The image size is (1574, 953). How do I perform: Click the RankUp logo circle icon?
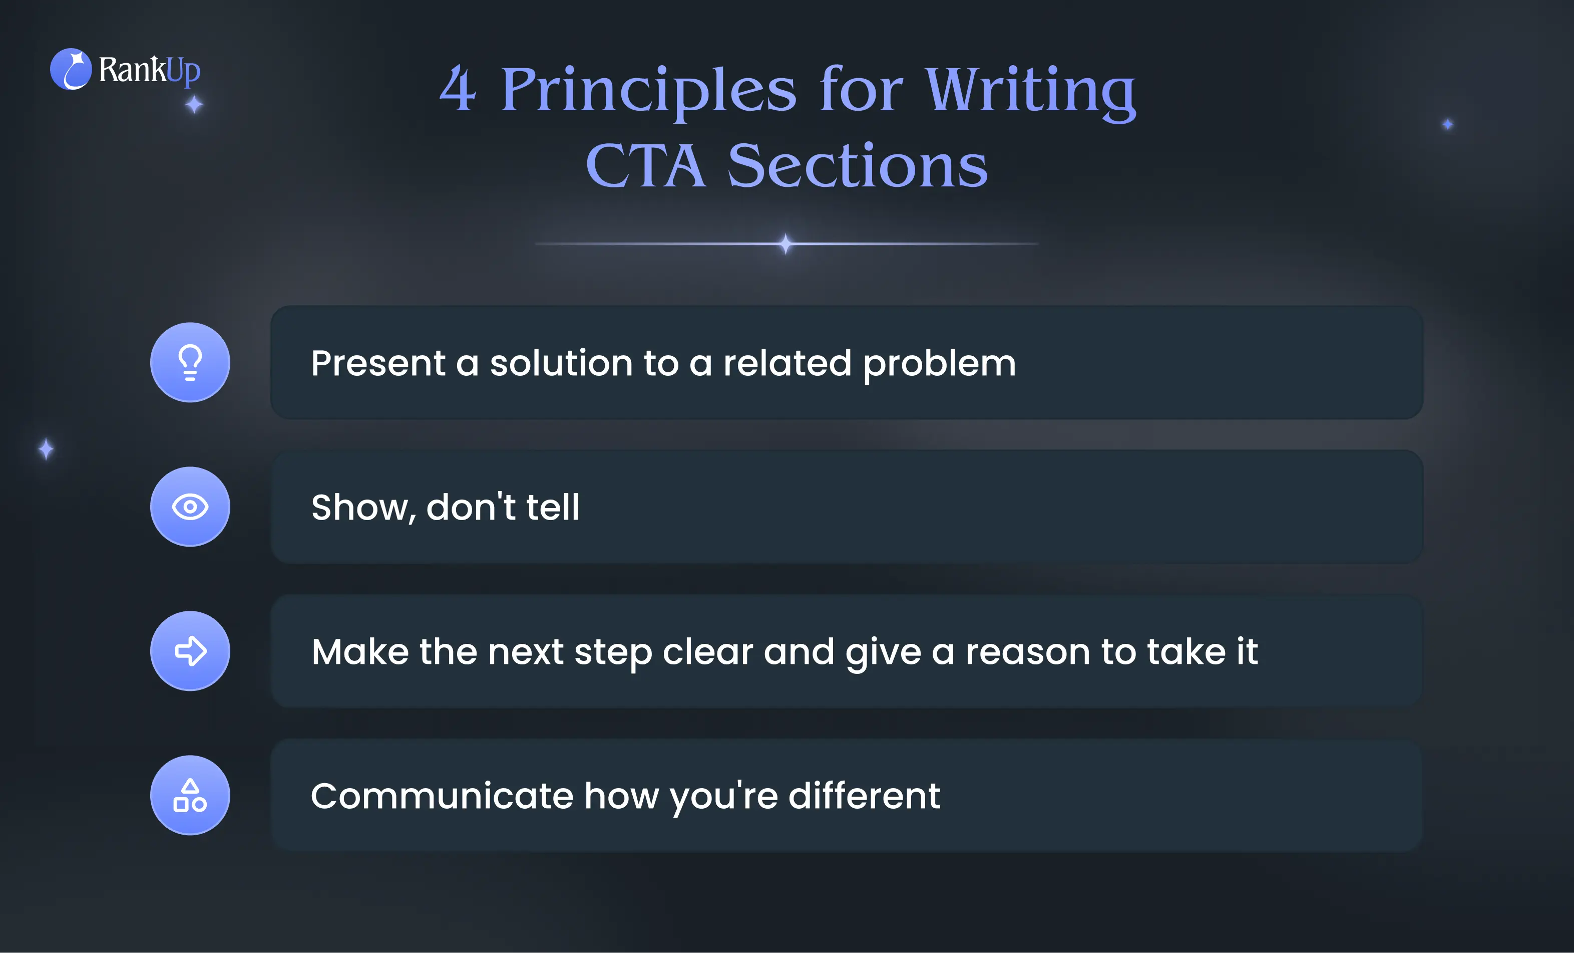pos(71,69)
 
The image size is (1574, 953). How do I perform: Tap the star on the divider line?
pos(785,244)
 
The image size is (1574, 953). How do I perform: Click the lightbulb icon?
pos(190,362)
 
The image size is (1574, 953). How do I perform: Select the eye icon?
pos(190,507)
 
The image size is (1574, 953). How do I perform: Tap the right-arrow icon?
pos(190,651)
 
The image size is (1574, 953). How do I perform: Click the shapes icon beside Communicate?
pos(190,795)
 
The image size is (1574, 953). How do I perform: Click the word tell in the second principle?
pos(553,508)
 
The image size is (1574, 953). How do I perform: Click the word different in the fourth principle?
pos(864,796)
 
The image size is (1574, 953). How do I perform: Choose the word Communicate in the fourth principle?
pos(442,796)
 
